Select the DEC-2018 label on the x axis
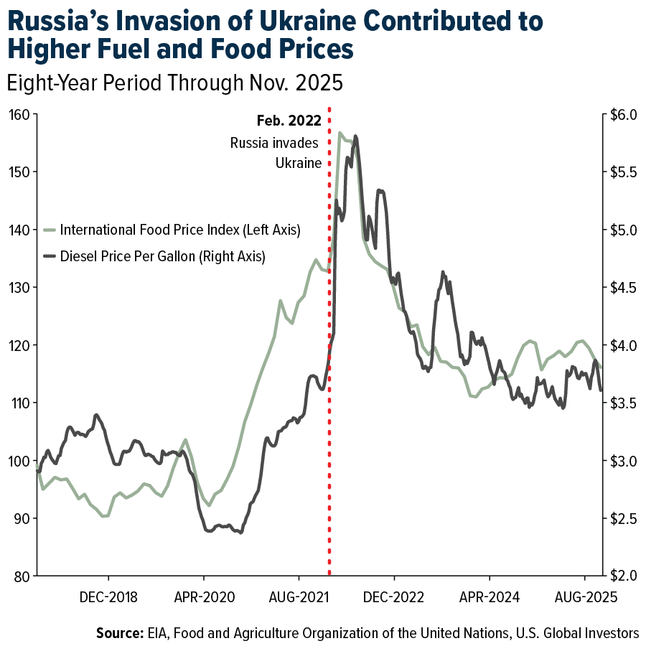108,596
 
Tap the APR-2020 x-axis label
204,596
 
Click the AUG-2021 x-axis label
299,596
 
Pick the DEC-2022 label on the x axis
394,596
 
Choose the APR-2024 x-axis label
490,596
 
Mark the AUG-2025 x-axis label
585,596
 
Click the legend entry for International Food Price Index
179,230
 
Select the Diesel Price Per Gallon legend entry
162,256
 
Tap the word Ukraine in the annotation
298,163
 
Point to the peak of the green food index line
340,133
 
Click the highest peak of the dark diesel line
355,136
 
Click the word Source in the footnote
118,633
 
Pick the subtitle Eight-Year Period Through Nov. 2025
174,83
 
